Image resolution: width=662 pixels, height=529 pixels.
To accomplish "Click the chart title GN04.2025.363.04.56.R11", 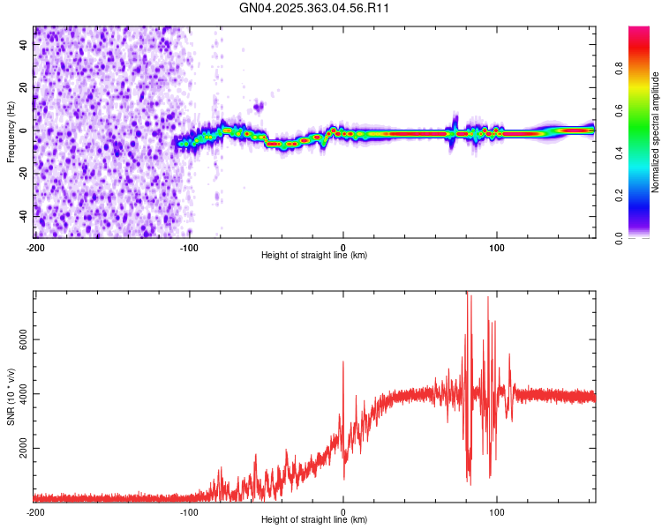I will tap(315, 8).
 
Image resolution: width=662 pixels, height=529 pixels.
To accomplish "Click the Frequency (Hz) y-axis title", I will tap(11, 131).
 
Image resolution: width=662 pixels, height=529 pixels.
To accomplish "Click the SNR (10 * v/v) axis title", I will tap(11, 396).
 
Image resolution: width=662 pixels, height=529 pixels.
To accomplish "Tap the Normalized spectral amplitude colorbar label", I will tap(655, 133).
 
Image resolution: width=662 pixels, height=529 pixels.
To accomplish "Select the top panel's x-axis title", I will tap(314, 255).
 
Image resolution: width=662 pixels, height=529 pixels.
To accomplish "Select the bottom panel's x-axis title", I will tap(314, 519).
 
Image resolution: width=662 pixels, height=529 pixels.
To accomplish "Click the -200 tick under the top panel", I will tap(35, 247).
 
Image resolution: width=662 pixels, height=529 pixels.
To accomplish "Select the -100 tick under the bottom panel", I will tap(189, 511).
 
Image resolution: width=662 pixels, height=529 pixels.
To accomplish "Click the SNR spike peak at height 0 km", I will tap(343, 362).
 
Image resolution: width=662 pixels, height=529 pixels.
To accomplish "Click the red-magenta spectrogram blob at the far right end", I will tap(578, 130).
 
